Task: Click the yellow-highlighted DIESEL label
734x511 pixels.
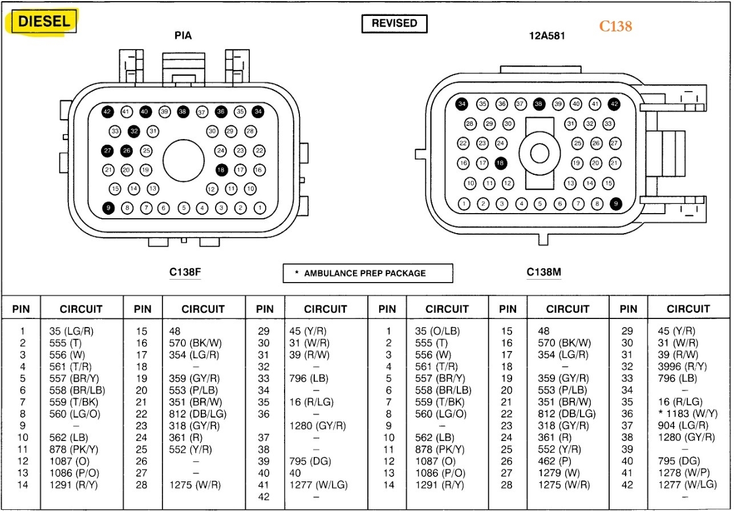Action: point(44,22)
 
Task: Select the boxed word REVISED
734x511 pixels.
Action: point(394,23)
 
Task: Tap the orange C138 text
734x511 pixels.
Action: point(615,26)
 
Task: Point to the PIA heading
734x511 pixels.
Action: point(183,35)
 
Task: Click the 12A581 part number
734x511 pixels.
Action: point(547,35)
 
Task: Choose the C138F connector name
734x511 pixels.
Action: point(185,272)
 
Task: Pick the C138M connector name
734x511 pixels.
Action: point(544,272)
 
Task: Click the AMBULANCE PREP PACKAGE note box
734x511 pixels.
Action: point(368,273)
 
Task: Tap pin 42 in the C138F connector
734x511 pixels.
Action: point(107,112)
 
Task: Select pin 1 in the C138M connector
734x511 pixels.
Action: point(464,203)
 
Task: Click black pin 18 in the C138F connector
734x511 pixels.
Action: point(221,169)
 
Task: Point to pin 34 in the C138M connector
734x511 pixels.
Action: point(462,104)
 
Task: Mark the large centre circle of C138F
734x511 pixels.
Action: point(184,159)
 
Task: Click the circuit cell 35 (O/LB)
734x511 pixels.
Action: point(437,331)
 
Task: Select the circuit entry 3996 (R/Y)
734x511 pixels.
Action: point(682,366)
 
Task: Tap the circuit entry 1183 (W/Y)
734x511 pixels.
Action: point(684,414)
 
